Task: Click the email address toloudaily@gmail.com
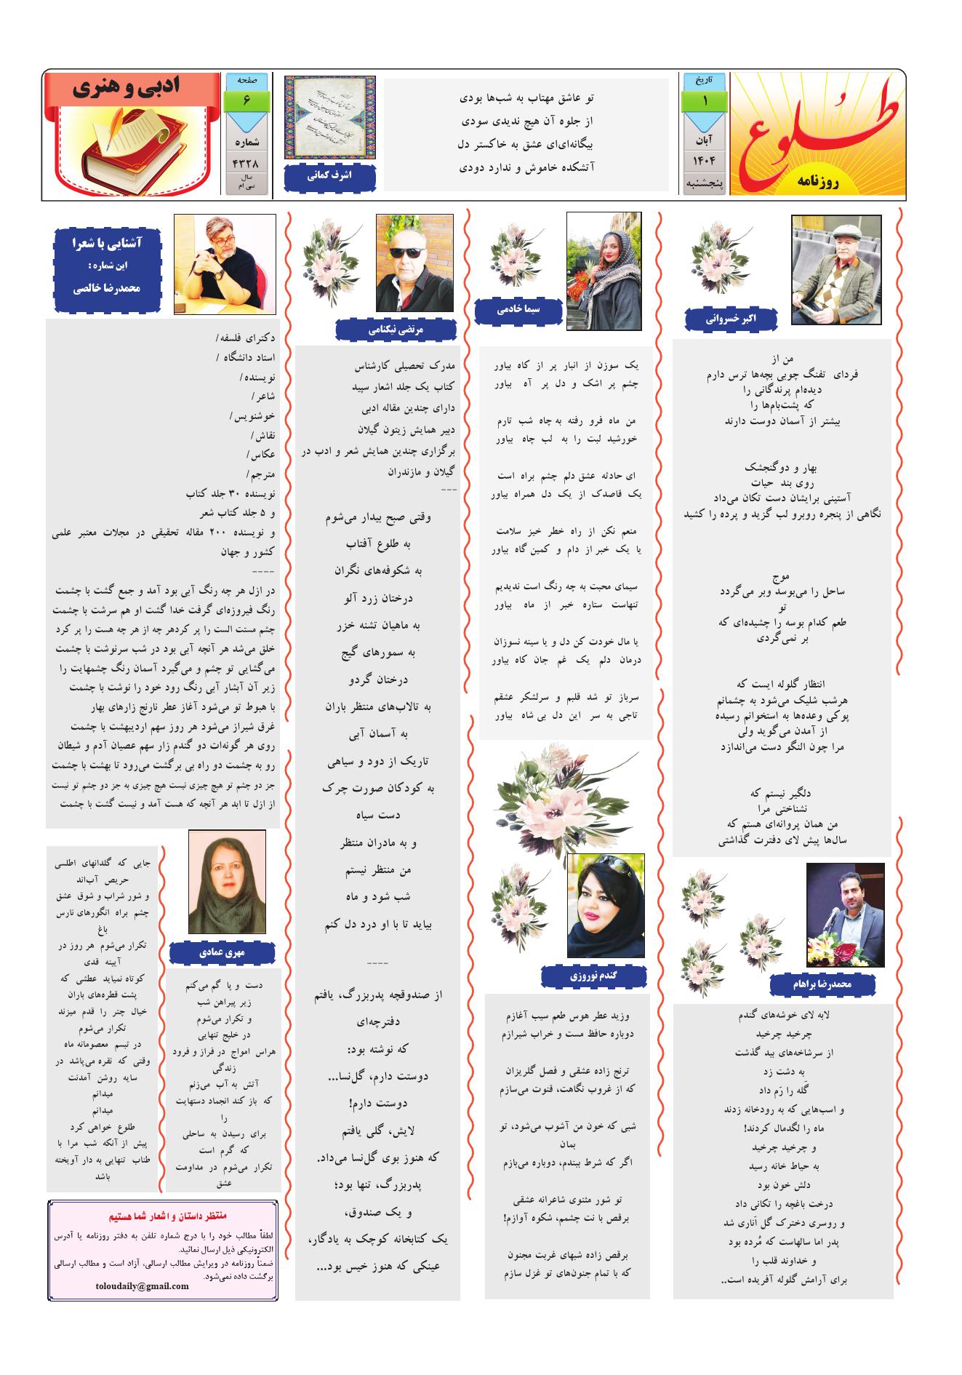pyautogui.click(x=142, y=1286)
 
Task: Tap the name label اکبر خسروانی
pyautogui.click(x=731, y=318)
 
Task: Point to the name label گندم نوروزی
pyautogui.click(x=594, y=976)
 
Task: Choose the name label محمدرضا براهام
pyautogui.click(x=823, y=984)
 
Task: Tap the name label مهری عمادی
pyautogui.click(x=222, y=951)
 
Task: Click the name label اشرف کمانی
pyautogui.click(x=329, y=177)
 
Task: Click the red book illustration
pyautogui.click(x=130, y=146)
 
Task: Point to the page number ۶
pyautogui.click(x=246, y=100)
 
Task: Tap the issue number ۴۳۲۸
pyautogui.click(x=246, y=164)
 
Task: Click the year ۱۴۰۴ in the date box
pyautogui.click(x=704, y=160)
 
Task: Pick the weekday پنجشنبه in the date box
pyautogui.click(x=704, y=184)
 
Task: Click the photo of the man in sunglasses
pyautogui.click(x=414, y=263)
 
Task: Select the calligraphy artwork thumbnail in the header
pyautogui.click(x=329, y=118)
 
